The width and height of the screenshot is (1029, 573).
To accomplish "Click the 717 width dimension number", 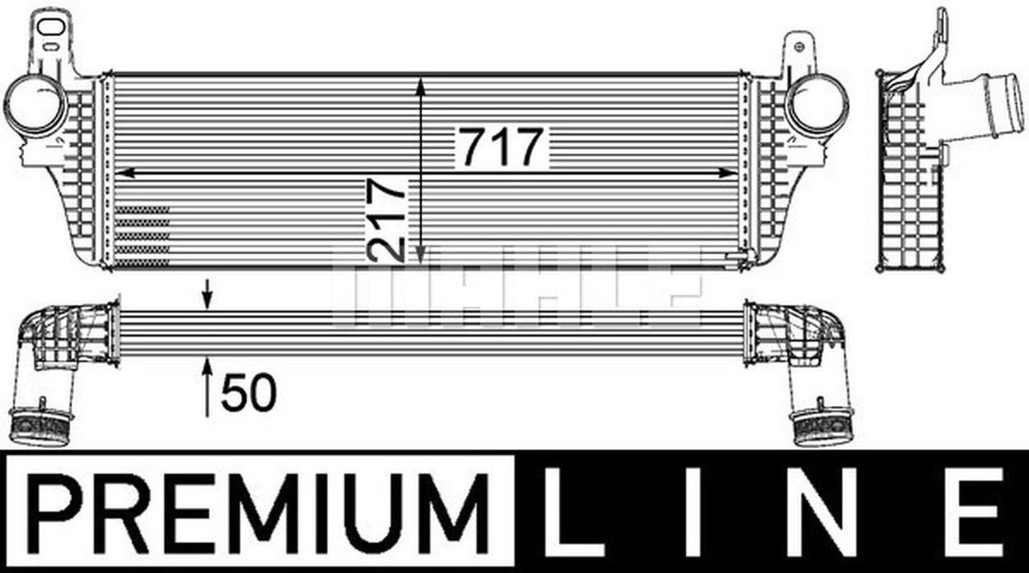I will [502, 148].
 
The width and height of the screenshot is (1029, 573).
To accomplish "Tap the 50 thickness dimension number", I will [248, 394].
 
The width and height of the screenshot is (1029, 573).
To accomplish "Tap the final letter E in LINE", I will [974, 511].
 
